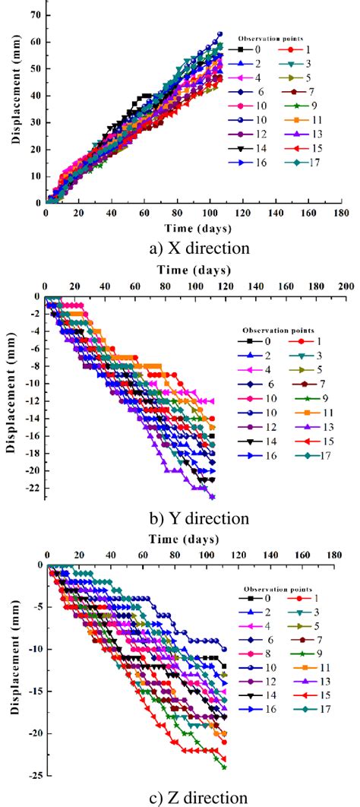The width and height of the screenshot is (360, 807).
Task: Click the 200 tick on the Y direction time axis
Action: [x=345, y=286]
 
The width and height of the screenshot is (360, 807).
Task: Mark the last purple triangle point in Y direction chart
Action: [x=212, y=497]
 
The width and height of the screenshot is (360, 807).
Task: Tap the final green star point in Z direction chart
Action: [x=224, y=767]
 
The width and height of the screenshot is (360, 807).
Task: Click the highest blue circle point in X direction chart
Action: [x=220, y=33]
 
